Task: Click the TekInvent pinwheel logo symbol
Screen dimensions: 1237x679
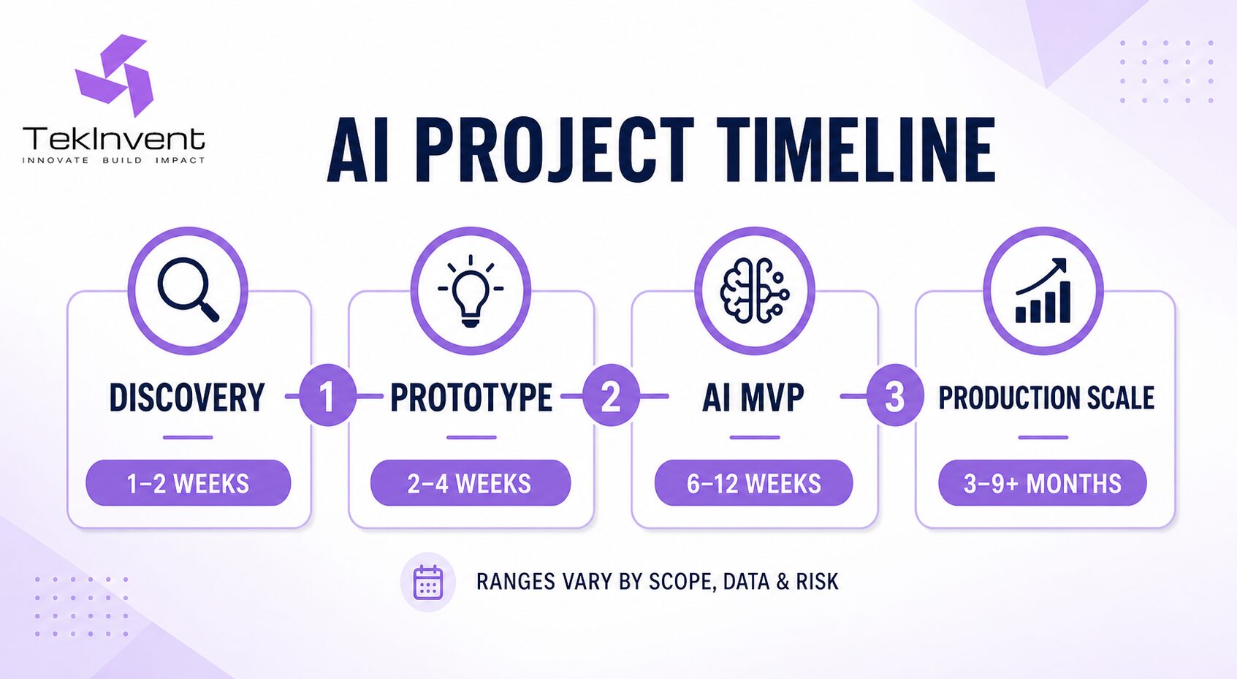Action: point(114,75)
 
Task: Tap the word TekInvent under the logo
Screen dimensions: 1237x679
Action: point(114,139)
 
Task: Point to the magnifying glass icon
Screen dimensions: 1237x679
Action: point(189,289)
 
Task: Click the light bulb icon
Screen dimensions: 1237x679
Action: point(471,291)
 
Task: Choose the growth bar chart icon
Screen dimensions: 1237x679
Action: point(1043,290)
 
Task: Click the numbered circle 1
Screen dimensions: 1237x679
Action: point(328,395)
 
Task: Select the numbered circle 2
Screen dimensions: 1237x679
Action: point(612,395)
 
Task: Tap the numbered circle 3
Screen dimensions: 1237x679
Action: point(895,395)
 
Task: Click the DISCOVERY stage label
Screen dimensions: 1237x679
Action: point(187,397)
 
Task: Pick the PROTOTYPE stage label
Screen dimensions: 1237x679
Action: point(471,397)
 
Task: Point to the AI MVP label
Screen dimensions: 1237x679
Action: point(753,397)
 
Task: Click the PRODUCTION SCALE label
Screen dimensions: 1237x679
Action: point(1046,398)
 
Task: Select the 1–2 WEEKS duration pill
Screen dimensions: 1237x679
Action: point(189,483)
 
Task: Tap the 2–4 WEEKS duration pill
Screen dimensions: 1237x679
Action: point(471,483)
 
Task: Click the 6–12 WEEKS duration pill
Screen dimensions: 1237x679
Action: point(754,483)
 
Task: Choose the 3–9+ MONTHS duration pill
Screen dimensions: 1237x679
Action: point(1043,483)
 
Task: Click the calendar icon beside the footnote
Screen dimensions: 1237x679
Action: point(428,583)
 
